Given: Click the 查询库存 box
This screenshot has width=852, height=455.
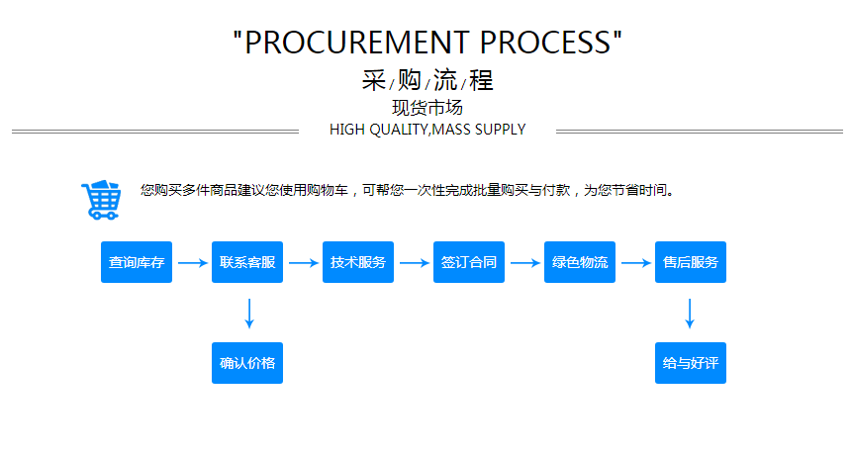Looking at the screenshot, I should coord(137,262).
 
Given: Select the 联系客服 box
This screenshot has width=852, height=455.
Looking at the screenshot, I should coord(247,262).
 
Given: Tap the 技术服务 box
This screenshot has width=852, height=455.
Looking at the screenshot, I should coord(358,262).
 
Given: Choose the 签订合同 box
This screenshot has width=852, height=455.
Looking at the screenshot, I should coord(469,262).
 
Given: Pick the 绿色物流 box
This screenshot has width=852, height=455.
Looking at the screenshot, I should coord(580,262).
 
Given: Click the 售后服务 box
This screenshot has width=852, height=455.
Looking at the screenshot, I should coord(691,262).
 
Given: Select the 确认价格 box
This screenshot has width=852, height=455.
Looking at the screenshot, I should coord(247,363).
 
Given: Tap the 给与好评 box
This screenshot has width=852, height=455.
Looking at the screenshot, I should coord(691,363).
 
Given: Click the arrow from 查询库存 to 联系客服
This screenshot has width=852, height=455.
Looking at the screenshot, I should coord(192,263).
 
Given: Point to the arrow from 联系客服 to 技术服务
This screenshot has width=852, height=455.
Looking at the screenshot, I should coord(303,263).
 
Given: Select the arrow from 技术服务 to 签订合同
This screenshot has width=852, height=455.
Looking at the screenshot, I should coord(414,263).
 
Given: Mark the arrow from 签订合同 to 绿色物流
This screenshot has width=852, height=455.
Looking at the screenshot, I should coord(524,263).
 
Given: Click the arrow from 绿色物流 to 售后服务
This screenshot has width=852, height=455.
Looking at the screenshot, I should coord(635,263).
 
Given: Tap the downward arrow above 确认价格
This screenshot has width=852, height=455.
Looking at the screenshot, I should coord(248,313).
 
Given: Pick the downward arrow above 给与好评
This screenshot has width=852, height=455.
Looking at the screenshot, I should coord(690,313).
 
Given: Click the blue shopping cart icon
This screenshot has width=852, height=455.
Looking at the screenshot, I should coord(101,200).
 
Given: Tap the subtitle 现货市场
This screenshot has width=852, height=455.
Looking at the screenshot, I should coord(427,108).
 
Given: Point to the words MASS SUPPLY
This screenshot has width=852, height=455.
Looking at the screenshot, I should coord(479,130).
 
